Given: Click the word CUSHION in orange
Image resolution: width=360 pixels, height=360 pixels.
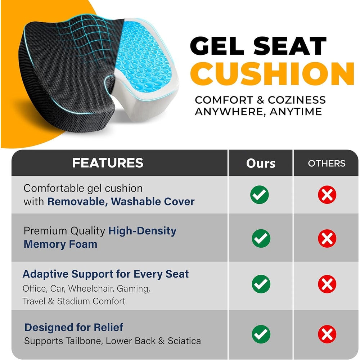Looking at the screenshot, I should (274, 74).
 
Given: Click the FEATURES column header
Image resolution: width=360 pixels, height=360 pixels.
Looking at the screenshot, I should (108, 163).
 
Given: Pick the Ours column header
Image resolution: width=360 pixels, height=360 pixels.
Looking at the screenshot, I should (261, 163).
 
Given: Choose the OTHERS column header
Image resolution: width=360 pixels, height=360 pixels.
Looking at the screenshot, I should (327, 163).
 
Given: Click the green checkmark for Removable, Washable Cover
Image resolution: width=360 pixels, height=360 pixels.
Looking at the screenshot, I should (260, 195).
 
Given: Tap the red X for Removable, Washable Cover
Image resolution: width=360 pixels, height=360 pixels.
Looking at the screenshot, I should (327, 195).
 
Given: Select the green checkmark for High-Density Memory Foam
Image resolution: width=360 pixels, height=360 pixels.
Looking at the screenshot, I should (261, 238).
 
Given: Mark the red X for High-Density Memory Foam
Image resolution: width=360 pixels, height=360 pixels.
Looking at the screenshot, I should (327, 238).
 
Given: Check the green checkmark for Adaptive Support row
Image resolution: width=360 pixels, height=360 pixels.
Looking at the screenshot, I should (261, 284).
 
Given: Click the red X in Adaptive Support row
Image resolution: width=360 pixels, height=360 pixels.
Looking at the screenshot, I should (327, 284).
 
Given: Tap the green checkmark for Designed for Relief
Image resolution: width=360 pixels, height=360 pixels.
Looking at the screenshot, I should (261, 334).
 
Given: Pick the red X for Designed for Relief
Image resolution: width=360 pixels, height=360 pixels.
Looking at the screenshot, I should (327, 334).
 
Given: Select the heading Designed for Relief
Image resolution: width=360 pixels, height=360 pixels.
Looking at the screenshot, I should (74, 327).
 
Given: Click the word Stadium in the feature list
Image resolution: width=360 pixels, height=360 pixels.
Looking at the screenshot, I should (74, 301).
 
